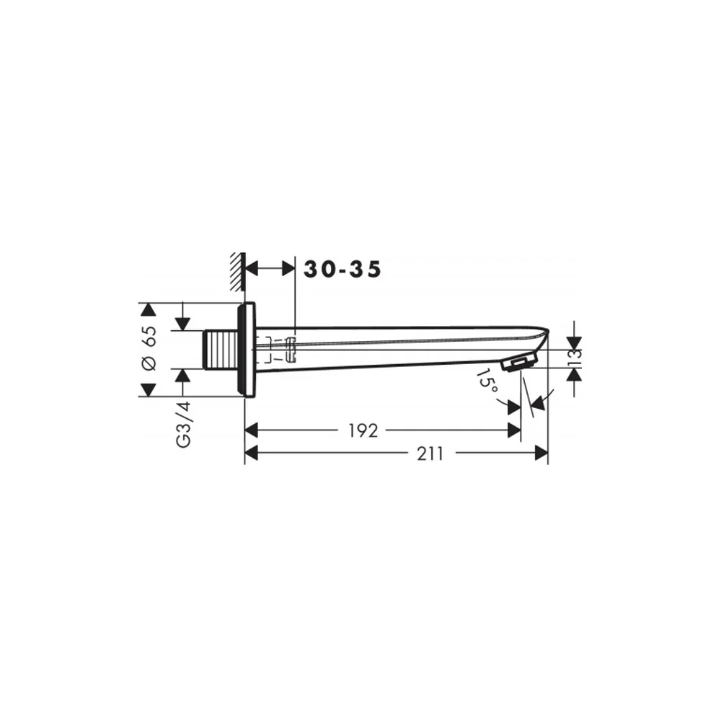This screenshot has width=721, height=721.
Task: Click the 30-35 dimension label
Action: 342,270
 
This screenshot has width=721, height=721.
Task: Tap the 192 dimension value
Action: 363,431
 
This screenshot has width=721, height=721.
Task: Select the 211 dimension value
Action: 430,454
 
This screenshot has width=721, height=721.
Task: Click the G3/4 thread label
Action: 183,424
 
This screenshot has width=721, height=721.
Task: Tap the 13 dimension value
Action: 575,358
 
